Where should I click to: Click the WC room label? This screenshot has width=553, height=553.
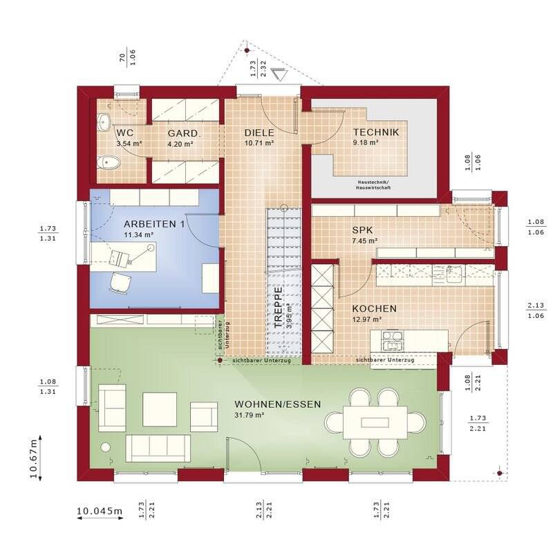coord(125,133)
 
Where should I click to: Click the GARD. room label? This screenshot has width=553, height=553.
coord(184,133)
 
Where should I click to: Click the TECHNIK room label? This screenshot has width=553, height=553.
coord(375,133)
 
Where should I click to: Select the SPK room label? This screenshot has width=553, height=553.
coord(363,229)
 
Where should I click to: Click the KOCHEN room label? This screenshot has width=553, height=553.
coord(374,308)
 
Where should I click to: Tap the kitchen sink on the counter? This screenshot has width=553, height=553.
coord(454,271)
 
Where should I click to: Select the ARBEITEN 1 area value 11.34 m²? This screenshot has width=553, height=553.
coord(138,235)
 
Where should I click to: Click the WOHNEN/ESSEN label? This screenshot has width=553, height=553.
coord(277,404)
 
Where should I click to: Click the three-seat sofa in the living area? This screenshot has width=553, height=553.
coord(158,449)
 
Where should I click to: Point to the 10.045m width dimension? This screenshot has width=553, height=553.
coord(99,512)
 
